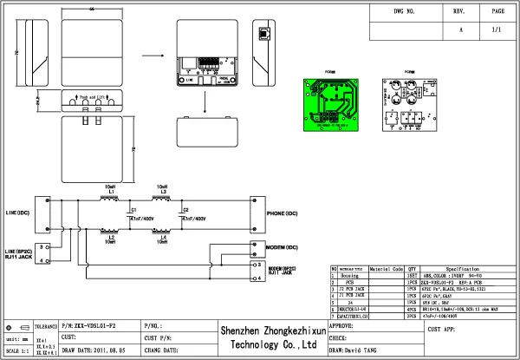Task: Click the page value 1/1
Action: (x=497, y=29)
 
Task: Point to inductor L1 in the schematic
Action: (x=110, y=200)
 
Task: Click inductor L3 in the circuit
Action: (x=162, y=200)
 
